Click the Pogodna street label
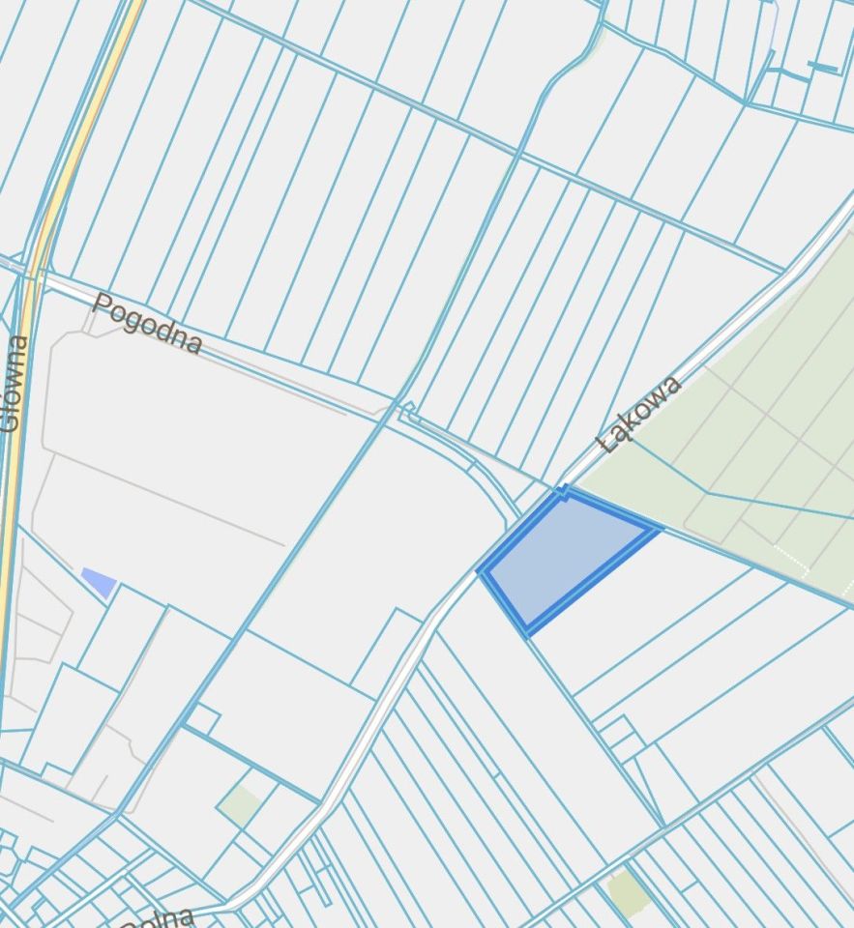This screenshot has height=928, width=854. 147,324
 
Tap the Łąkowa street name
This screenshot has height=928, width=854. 640,415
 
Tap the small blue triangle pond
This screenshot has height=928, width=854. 100,581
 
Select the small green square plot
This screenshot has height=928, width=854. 239,805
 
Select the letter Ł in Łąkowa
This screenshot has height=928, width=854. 608,444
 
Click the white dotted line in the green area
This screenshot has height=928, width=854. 788,560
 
